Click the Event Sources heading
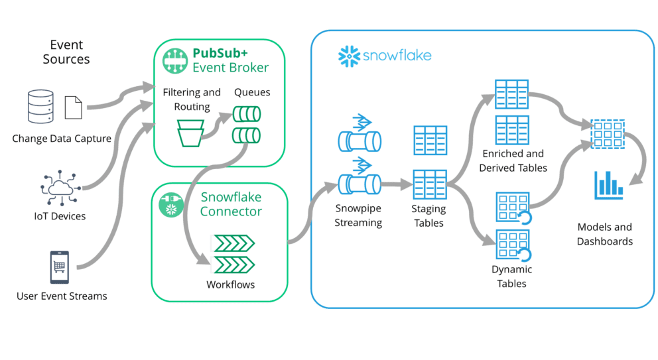(66, 52)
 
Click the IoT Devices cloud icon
(61, 188)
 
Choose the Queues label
(252, 92)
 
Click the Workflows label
(230, 284)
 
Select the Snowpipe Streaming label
(358, 215)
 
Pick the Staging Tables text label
(428, 215)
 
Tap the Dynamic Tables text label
(512, 276)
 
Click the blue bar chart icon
(608, 185)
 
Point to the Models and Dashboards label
(604, 235)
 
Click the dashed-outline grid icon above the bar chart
(608, 133)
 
